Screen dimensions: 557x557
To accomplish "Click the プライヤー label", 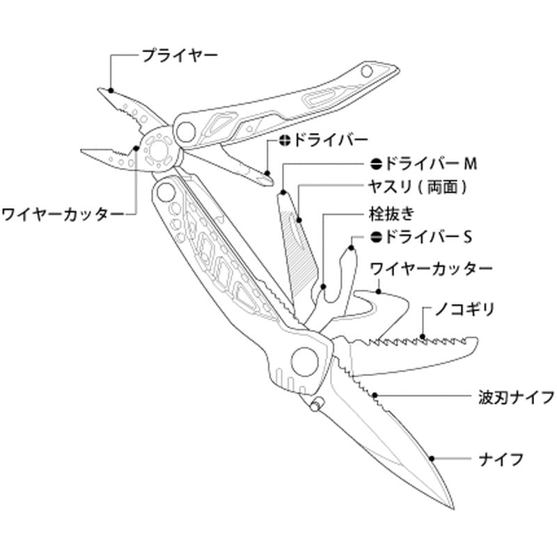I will click(x=180, y=54).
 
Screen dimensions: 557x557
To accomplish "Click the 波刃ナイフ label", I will click(x=516, y=398).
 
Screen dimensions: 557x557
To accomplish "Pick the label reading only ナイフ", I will click(x=501, y=459).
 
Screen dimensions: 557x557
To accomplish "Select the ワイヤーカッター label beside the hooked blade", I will click(x=431, y=267).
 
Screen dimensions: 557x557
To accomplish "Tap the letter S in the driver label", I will click(x=469, y=237).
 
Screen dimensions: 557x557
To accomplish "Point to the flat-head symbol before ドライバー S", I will click(x=376, y=237).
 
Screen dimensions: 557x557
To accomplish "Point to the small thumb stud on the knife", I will click(x=317, y=405).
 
